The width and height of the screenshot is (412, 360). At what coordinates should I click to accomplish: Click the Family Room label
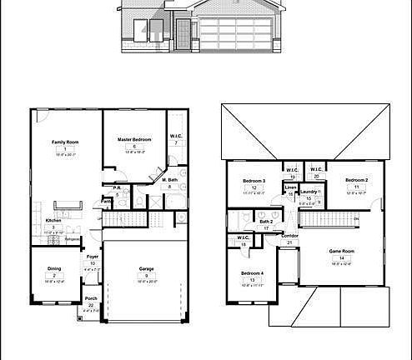(64, 142)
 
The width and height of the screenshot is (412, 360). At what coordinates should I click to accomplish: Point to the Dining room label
(53, 268)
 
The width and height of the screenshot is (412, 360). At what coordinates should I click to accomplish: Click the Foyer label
(93, 257)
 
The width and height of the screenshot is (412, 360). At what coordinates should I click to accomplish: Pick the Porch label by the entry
(91, 299)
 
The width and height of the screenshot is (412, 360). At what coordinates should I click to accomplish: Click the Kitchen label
(53, 220)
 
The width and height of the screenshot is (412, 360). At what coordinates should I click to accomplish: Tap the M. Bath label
(169, 181)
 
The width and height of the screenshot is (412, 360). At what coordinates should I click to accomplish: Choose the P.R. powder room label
(118, 188)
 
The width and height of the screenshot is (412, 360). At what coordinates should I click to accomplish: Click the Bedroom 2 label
(357, 180)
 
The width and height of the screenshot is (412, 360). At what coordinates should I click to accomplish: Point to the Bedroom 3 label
(254, 182)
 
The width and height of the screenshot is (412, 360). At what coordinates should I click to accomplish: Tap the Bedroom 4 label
(253, 274)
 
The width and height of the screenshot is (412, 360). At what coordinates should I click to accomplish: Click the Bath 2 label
(266, 221)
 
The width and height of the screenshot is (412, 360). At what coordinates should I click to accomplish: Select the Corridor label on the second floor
(289, 236)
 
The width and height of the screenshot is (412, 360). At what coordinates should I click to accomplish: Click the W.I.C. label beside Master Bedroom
(176, 136)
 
